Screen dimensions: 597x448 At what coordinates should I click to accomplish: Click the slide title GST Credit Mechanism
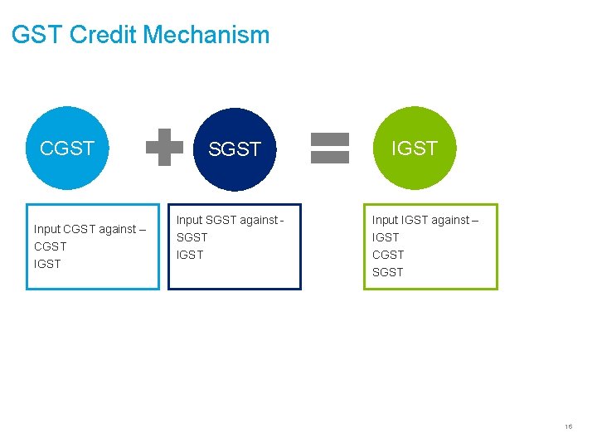coord(141,35)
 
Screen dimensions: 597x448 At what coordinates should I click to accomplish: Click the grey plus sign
coord(164,148)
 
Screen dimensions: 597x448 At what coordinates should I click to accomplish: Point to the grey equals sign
coord(329,148)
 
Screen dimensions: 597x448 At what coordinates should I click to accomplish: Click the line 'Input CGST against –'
coord(90,229)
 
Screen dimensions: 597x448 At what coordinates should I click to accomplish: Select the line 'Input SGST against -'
coord(231,220)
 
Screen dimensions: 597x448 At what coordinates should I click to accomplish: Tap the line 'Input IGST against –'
coord(425,220)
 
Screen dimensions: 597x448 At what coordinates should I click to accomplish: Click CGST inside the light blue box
coord(51,246)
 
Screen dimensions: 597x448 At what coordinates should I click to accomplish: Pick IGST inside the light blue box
coord(47,264)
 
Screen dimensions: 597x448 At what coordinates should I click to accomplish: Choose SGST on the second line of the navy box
coord(192,237)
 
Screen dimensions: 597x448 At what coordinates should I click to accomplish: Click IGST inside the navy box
coord(190,255)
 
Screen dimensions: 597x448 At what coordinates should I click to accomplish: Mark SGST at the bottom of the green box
coord(388,272)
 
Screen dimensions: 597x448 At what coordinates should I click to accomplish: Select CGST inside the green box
coord(388,255)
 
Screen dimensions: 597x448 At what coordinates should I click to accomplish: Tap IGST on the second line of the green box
coord(386,237)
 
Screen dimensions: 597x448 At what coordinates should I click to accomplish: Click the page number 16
coord(568,426)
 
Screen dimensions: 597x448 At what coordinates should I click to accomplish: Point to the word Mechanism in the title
coord(206,35)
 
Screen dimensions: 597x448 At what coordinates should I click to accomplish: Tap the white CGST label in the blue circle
coord(67,149)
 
